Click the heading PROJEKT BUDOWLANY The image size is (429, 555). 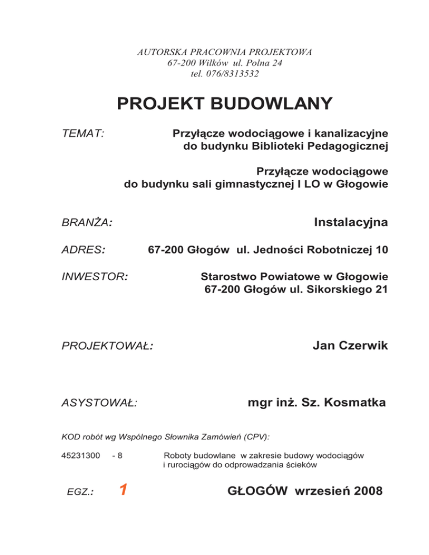[225, 104]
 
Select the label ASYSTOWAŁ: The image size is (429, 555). [101, 402]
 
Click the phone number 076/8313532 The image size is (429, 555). [240, 73]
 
